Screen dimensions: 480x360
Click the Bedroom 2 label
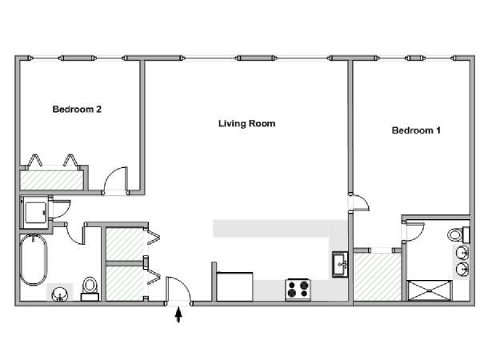(x=77, y=110)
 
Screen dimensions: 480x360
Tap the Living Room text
(x=246, y=124)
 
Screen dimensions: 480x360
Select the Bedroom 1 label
(x=416, y=130)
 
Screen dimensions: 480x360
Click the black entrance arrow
(x=178, y=315)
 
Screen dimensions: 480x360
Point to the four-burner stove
(x=298, y=290)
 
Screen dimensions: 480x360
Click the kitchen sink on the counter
(x=340, y=264)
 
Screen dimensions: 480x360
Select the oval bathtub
(x=34, y=259)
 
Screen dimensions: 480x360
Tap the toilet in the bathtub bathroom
(x=90, y=289)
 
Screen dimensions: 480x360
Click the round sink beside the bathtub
(x=60, y=294)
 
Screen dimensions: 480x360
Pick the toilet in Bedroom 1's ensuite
(x=458, y=234)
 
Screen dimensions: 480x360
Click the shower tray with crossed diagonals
(x=430, y=290)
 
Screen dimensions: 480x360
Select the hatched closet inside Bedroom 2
(x=52, y=180)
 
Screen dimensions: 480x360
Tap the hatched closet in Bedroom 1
(x=377, y=277)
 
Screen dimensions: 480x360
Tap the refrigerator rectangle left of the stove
(x=234, y=286)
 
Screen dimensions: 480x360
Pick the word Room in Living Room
(x=262, y=124)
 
